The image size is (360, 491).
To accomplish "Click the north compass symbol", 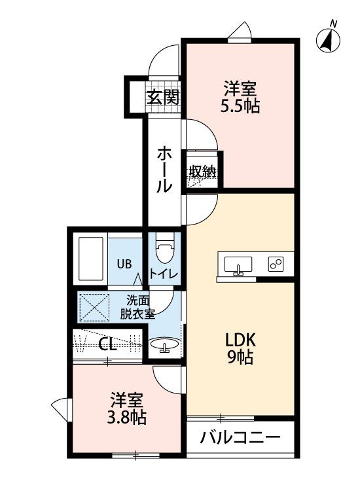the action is point(329,39).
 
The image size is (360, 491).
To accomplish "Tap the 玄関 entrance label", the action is point(163,97).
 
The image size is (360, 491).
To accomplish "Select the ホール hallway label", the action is point(164,169).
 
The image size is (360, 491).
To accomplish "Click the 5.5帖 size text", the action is point(240,107).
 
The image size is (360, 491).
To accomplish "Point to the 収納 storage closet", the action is point(202,171).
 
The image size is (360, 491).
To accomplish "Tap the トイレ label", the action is point(164,274).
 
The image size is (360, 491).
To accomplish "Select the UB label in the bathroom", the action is point(124,264).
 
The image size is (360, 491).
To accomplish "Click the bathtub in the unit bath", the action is point(91,259).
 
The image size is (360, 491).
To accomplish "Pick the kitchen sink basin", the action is point(238,264).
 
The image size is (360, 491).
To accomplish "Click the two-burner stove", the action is point(276,264).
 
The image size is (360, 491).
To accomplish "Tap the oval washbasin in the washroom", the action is point(165,344).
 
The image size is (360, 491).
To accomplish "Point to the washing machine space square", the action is point(94,308).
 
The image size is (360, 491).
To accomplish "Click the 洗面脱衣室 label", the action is point(138,307).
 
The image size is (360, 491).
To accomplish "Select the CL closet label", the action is point(107,344).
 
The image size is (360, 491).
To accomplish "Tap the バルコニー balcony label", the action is point(240,437).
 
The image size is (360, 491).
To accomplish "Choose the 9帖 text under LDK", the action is point(240,357).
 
